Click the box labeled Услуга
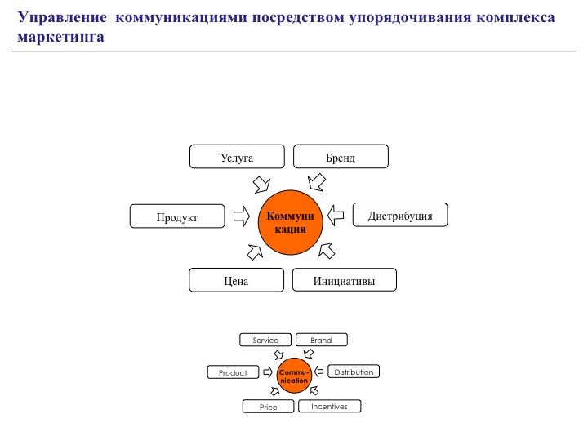point(237,157)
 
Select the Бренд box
point(341,157)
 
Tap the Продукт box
point(177,216)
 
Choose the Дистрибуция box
point(399,215)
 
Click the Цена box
point(236,280)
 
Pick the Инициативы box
point(344,280)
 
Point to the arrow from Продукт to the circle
point(241,216)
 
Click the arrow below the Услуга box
point(261,181)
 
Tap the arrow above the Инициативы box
point(327,249)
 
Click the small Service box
point(265,340)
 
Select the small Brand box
point(321,340)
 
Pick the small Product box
point(233,372)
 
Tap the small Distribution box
point(354,372)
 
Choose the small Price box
point(268,407)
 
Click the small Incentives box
point(329,406)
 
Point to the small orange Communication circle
point(294,376)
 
